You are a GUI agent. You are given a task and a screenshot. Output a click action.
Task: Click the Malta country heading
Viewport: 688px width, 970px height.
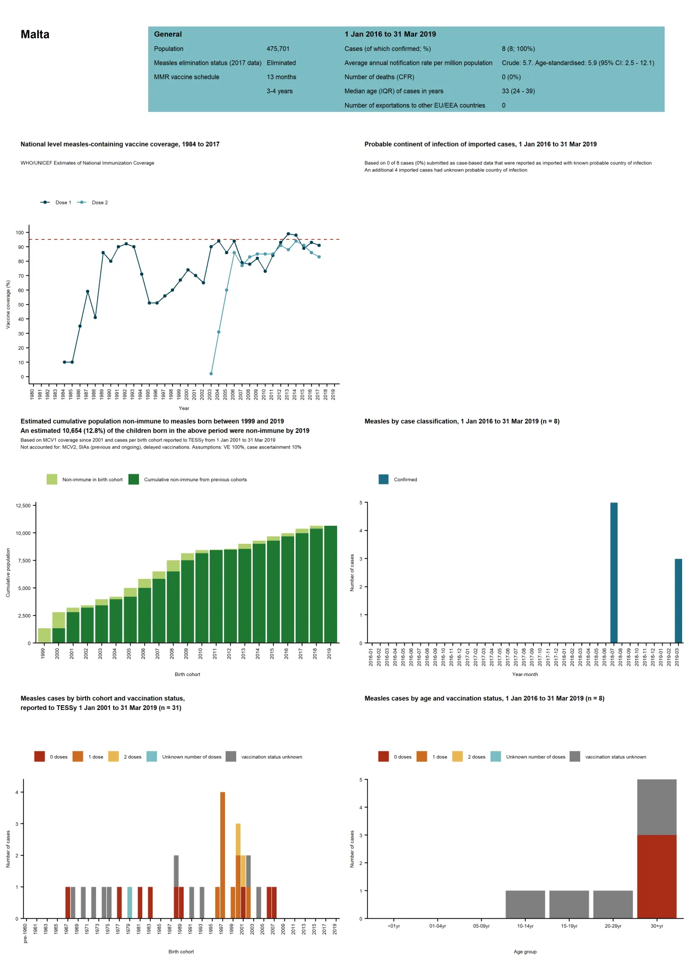(35, 34)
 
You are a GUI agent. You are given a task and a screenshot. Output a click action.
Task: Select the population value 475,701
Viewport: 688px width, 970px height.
(278, 49)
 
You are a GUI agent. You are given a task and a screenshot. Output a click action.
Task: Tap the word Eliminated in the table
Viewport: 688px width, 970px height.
(281, 63)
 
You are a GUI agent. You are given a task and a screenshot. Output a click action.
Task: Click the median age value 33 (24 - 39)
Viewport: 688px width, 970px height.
(518, 91)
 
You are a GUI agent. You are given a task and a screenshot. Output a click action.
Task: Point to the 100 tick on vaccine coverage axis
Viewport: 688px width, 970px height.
(20, 232)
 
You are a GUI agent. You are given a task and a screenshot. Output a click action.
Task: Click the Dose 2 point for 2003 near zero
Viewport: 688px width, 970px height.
(211, 374)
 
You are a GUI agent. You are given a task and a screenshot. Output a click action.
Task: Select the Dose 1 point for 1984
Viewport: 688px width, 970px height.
(65, 362)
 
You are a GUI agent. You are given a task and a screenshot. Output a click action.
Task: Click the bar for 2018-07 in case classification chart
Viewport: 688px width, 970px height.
(614, 573)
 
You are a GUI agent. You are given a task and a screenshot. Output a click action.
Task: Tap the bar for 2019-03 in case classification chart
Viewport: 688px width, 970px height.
(678, 601)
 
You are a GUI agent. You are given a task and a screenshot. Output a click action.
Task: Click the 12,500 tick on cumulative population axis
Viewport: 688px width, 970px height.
(23, 506)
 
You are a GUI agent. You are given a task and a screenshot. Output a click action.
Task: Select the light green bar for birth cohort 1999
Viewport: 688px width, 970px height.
(44, 636)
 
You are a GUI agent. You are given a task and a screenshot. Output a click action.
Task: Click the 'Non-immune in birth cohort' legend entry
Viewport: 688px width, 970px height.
(85, 480)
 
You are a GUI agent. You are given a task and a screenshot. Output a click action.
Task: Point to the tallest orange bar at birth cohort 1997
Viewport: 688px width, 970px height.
(222, 854)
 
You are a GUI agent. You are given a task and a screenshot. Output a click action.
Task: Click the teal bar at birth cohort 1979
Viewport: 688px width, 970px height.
(130, 902)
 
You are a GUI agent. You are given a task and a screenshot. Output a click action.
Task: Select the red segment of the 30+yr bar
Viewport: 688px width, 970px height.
(657, 877)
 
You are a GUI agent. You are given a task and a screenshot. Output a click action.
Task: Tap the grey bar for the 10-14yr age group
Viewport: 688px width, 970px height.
(525, 904)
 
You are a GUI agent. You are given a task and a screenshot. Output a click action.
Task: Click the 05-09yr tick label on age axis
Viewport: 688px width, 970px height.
(481, 926)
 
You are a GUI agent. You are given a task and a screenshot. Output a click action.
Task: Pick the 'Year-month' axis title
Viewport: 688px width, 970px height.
(524, 674)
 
